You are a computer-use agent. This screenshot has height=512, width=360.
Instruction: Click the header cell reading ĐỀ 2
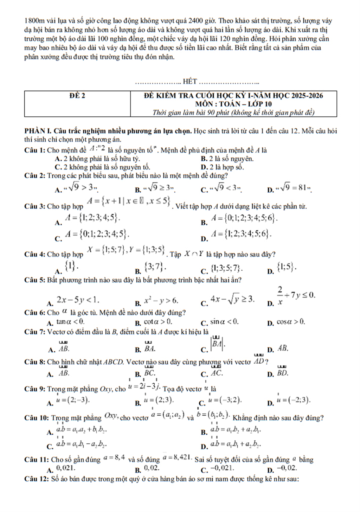coord(77,96)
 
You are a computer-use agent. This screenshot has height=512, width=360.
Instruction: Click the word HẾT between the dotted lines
coord(190,82)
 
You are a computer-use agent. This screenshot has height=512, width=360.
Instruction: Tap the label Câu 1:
coord(35,151)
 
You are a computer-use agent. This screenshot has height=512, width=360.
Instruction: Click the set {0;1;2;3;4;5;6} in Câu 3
coord(244,218)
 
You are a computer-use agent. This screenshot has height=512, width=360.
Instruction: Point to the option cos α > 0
coord(291,322)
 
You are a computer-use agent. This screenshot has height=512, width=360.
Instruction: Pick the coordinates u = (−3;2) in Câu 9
coord(225,400)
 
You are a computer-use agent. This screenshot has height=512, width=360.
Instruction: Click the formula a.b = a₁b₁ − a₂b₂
coord(82,444)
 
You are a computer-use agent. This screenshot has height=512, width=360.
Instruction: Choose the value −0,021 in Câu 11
coord(222,468)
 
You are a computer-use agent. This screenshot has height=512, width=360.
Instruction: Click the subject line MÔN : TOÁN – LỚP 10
coord(233,104)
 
